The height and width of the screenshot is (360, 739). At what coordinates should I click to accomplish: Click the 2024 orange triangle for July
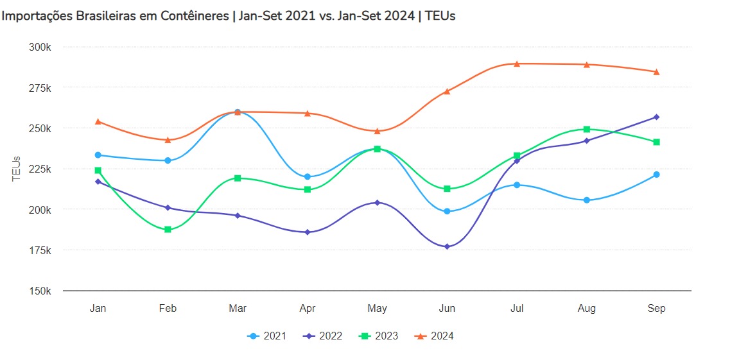point(517,64)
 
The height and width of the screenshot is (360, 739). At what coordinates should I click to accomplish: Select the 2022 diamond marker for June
point(447,246)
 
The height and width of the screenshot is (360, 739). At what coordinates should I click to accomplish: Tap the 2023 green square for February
point(168,229)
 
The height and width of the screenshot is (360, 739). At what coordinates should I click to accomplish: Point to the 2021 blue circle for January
point(98,155)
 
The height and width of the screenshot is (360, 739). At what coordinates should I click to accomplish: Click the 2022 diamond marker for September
point(656,117)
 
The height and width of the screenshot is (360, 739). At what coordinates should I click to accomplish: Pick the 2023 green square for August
point(587,129)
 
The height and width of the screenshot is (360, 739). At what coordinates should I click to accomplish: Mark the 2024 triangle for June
point(447,91)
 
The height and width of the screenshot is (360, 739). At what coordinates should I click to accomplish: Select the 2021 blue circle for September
point(656,175)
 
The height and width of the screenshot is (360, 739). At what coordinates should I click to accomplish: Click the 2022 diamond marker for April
point(308,232)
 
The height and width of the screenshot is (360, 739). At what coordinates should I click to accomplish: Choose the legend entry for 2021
point(267,336)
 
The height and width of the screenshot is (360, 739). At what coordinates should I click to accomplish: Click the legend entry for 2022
point(323,336)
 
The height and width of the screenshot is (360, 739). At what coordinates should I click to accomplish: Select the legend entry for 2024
point(435,336)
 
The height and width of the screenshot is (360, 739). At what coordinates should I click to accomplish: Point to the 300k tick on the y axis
point(41,47)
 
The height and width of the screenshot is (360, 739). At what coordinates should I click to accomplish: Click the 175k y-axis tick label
point(41,250)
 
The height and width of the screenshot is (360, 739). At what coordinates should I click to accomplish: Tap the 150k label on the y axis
point(41,291)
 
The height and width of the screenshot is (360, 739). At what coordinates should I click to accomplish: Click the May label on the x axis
point(378,309)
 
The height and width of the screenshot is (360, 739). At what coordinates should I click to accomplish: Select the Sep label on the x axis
point(656,309)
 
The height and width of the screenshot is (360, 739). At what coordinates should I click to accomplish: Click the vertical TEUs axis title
point(17,169)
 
